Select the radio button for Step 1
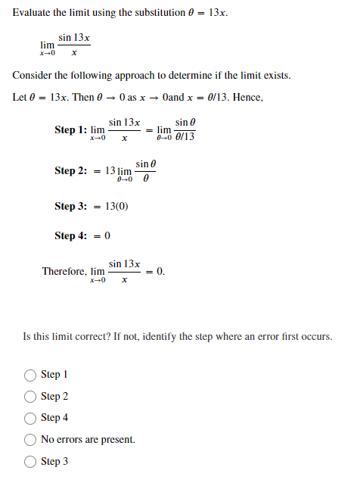(31, 375)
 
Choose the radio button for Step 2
(31, 396)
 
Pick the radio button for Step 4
(31, 417)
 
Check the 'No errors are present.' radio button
(31, 439)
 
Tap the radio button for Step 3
(31, 461)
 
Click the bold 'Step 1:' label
(71, 130)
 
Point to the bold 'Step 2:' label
(71, 171)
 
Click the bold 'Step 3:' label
(71, 206)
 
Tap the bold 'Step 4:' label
(71, 235)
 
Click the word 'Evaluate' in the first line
(34, 13)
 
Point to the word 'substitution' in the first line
(156, 13)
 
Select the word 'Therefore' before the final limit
(64, 271)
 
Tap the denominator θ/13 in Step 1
(184, 137)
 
